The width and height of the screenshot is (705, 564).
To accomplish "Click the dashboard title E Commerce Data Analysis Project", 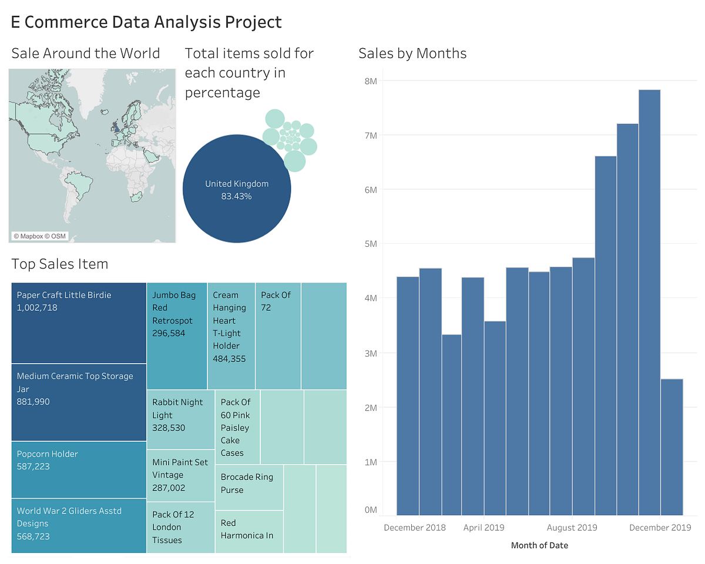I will coord(146,22).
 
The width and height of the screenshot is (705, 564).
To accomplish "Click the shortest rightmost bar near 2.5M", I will coord(672,446).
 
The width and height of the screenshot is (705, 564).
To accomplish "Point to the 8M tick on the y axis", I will coord(370,80).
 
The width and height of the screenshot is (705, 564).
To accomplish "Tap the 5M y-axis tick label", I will coord(370,244).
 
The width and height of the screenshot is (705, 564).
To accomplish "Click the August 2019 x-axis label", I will coord(572,527).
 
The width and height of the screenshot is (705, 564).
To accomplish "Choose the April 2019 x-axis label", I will coord(484,527).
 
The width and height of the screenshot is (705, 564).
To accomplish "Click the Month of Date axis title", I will coord(539,545).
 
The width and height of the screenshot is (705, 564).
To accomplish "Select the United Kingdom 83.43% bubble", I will coord(237,189).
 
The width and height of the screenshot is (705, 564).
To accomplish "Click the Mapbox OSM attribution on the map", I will coord(39,236).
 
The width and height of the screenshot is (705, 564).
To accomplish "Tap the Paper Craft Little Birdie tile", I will coord(79,323).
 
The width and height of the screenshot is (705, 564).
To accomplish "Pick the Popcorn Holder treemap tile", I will coord(79,469).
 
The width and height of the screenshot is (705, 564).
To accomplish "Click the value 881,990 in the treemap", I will coord(33,402).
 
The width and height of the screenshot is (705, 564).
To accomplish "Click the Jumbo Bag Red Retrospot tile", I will coord(176,335).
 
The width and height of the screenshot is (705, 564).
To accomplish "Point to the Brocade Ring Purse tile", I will coord(249,486).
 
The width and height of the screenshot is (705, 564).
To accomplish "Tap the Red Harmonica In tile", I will coord(249,531).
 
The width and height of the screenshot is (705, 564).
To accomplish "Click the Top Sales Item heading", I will coord(60,264).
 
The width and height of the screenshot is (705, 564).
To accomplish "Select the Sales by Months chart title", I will coord(412,53).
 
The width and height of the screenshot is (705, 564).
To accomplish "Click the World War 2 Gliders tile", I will coord(79,525).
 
